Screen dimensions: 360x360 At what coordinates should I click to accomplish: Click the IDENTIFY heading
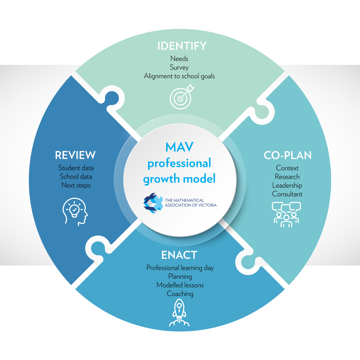(x=182, y=46)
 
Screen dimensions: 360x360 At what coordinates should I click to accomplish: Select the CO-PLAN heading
(x=288, y=155)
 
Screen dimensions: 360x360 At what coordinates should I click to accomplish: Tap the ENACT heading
(x=179, y=255)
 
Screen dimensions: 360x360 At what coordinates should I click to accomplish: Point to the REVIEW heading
(x=75, y=155)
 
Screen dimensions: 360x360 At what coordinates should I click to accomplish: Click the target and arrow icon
(x=182, y=97)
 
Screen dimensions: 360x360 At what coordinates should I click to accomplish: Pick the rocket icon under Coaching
(x=179, y=313)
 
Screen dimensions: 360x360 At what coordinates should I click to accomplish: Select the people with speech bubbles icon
(x=286, y=215)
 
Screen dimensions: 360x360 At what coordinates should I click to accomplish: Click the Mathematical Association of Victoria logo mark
(x=153, y=203)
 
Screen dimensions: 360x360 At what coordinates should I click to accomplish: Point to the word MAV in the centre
(x=179, y=147)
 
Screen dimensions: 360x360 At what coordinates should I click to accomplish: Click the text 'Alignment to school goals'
(x=179, y=76)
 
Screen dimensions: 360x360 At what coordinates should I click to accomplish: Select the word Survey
(x=179, y=67)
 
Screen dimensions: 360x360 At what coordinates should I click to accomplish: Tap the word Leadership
(x=287, y=186)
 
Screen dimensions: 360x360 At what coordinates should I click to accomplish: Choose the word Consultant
(x=287, y=194)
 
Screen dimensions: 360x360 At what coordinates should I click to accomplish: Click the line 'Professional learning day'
(x=180, y=268)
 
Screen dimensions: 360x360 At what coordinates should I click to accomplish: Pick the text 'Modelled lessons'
(x=180, y=285)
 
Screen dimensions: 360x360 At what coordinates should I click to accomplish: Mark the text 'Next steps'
(x=76, y=185)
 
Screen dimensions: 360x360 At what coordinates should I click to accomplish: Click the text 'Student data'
(x=76, y=168)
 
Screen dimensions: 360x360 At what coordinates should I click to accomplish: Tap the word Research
(x=287, y=177)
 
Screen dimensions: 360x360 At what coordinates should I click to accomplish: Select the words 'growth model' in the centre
(x=179, y=179)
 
